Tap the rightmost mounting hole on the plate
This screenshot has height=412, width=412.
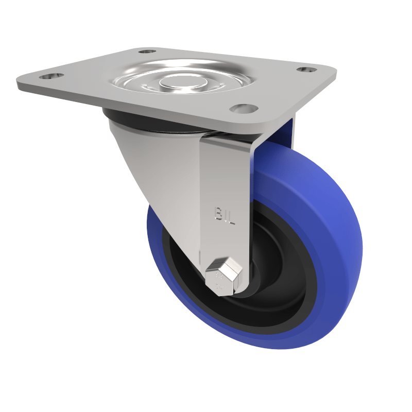(x=308, y=69)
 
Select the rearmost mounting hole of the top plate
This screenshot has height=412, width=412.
(x=147, y=51)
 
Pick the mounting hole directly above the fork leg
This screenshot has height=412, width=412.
(x=244, y=108)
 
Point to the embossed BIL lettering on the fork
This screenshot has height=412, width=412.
(x=225, y=216)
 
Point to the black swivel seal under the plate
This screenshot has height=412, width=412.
(x=134, y=120)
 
